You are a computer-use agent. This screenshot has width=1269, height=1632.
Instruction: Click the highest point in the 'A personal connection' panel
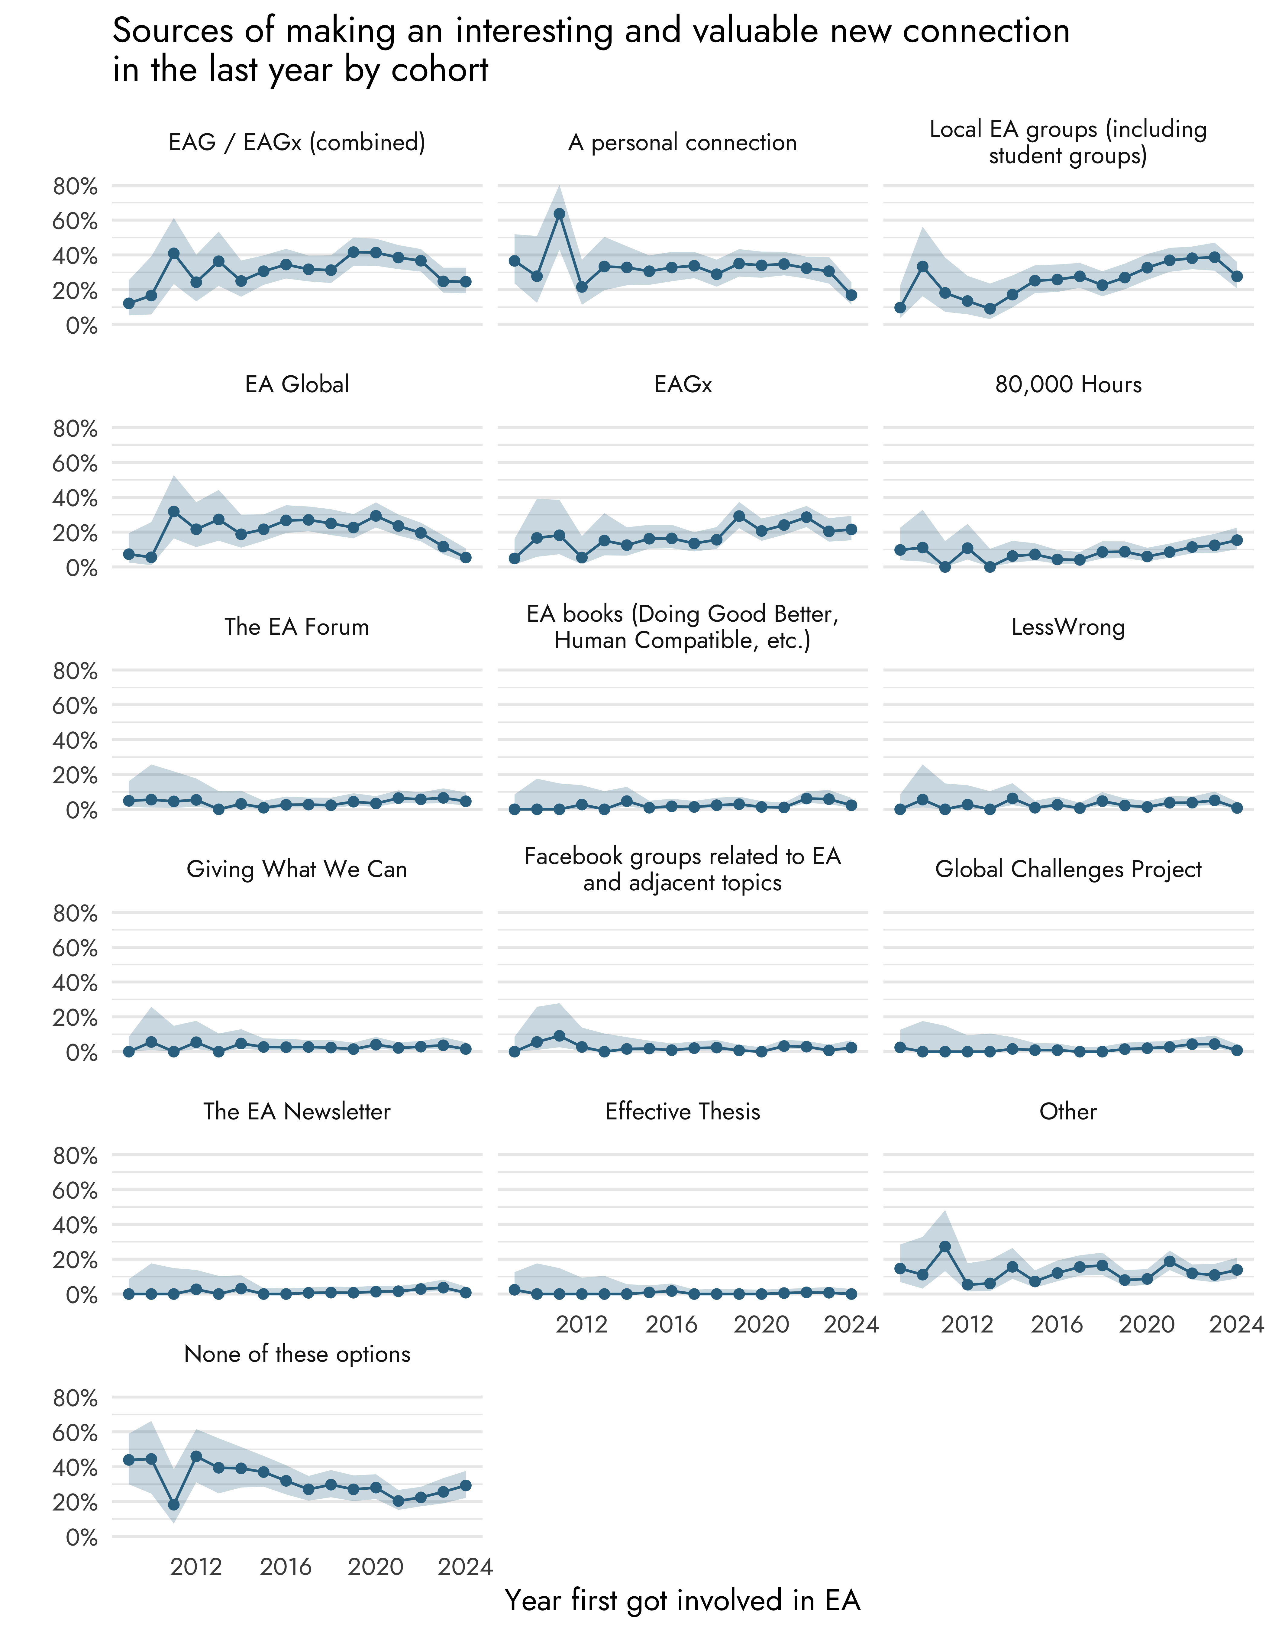click(559, 214)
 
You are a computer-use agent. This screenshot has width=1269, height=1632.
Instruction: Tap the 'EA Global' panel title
click(296, 384)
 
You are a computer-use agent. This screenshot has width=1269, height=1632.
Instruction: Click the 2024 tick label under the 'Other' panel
click(1236, 1325)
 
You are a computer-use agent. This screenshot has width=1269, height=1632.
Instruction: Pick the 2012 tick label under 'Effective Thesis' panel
click(582, 1325)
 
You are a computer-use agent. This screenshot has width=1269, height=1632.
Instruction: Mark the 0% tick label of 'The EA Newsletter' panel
click(81, 1295)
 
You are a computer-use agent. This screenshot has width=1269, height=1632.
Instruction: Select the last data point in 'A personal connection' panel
click(851, 295)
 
